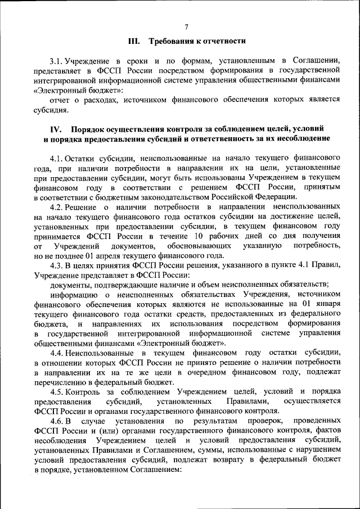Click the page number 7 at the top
click(186, 26)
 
